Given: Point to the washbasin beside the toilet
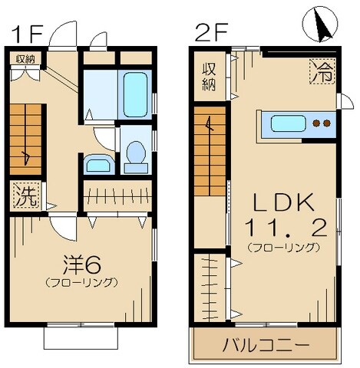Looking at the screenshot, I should coord(97,164).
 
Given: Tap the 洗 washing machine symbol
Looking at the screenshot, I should coord(25,195).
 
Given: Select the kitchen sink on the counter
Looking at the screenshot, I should coord(288,123).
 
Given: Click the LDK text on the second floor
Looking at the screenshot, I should coord(282,203).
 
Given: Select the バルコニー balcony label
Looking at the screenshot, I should coord(266,343).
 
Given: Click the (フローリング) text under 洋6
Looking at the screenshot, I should coord(81,283).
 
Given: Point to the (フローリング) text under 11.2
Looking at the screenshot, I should coord(283,248).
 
